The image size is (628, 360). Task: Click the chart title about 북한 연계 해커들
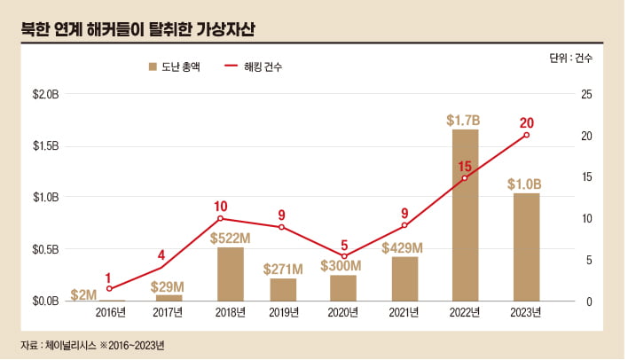pos(137,27)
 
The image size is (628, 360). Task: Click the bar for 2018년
pos(231,274)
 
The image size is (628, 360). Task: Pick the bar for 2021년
pos(404,278)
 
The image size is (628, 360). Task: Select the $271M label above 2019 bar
pos(283,268)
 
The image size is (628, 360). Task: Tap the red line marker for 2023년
pos(526,135)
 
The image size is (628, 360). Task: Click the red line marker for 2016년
pos(109,288)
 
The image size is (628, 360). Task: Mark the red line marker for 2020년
pos(343,256)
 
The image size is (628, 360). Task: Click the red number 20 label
pos(526,122)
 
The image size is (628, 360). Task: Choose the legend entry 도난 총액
pos(175,67)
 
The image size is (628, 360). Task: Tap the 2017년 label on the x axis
pos(168,312)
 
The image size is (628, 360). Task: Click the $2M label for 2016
pos(84,294)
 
